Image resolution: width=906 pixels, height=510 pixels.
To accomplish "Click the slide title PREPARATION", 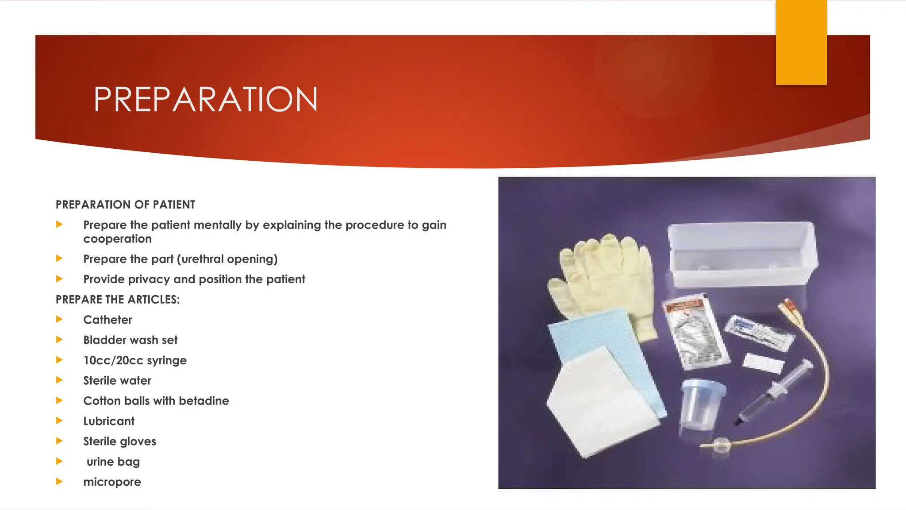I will coord(205,99).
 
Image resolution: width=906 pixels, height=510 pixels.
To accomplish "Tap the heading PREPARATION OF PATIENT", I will coord(125,205).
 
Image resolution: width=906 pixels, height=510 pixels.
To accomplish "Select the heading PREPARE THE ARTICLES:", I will coord(118,300).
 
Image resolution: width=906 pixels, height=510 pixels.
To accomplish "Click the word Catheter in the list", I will coord(107,320).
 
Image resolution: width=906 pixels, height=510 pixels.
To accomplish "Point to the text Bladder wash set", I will coord(130,340).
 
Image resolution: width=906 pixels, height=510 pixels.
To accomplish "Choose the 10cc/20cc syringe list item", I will coord(135,360).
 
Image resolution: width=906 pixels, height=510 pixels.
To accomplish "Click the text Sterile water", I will coord(117,381).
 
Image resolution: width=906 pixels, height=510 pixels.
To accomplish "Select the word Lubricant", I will coord(109,421).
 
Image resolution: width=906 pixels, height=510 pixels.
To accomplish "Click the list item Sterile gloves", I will coord(119,441).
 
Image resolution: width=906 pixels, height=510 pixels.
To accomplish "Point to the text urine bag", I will coord(113,462).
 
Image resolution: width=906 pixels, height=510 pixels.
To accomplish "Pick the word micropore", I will coord(112,482).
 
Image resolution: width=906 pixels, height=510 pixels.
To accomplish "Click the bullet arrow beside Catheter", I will coord(59,319).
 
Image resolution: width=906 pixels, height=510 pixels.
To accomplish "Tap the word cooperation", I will coord(117,239).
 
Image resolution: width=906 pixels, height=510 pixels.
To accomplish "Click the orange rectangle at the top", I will coord(801,42).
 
